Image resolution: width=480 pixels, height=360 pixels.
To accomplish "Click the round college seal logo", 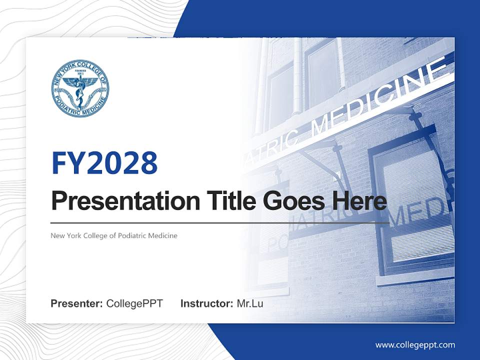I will tap(80, 89).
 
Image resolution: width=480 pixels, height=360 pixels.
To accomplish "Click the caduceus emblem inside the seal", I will tap(80, 90).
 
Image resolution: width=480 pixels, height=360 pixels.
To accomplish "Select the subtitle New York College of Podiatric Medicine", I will tap(114, 235).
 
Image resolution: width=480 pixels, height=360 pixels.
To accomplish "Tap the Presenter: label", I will tap(77, 303).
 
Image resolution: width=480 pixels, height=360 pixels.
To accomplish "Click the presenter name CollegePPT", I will tap(134, 303).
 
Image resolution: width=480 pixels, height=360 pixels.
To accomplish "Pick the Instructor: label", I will tap(206, 303).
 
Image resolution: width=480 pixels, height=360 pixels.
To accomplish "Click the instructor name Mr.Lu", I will tap(250, 303).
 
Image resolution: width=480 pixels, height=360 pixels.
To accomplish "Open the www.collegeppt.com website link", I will tap(415, 345).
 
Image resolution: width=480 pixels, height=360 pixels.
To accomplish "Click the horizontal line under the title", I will tap(220, 223).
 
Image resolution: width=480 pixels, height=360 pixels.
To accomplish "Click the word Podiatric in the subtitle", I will tap(132, 235).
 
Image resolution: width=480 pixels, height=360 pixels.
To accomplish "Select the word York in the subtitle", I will tap(71, 235).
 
